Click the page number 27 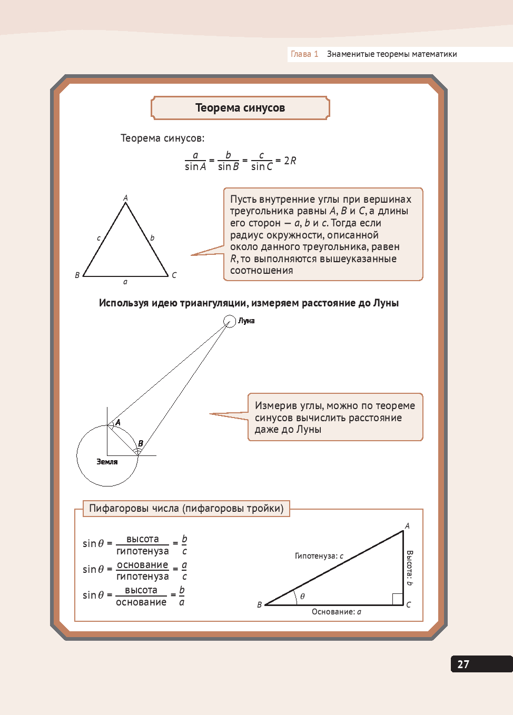pos(463,664)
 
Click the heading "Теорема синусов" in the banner pos(240,108)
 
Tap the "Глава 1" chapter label pos(304,54)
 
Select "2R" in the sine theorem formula pos(290,161)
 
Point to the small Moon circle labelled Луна pos(230,321)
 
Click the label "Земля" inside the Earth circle pos(107,462)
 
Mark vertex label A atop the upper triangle pos(125,198)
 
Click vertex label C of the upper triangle pos(174,275)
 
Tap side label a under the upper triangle pos(125,282)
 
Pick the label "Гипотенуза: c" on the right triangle pos(319,556)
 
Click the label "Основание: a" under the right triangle pos(337,612)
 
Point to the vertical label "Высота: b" pos(410,568)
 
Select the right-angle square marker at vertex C pos(398,599)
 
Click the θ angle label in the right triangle pos(302,597)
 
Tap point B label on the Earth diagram pos(141,443)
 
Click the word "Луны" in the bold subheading pos(386,303)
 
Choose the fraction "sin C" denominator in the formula pos(262,167)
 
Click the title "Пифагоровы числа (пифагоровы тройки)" pos(186,509)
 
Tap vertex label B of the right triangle pos(259,605)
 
